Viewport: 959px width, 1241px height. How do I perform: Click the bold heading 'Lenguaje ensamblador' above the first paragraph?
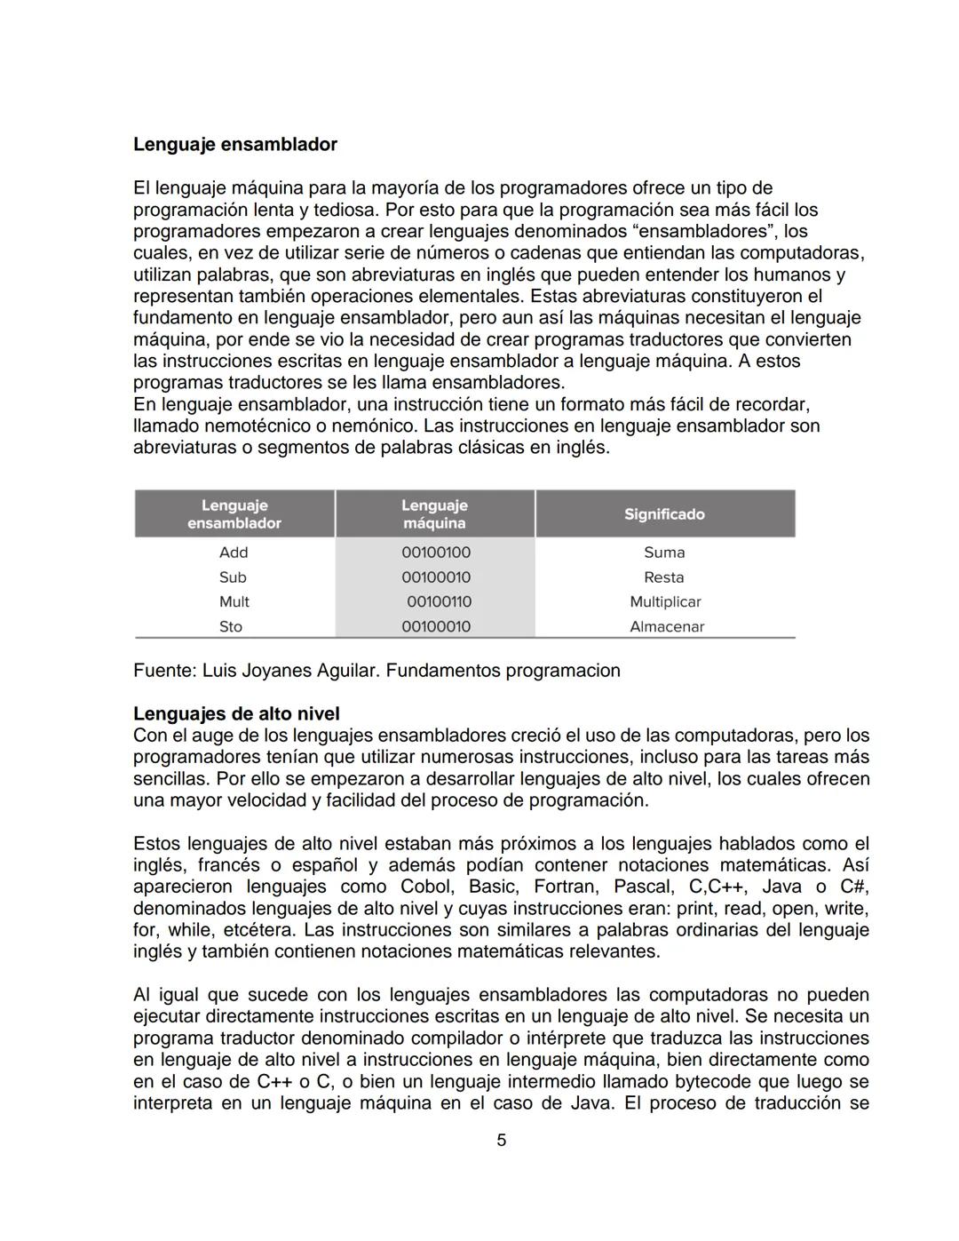tap(234, 144)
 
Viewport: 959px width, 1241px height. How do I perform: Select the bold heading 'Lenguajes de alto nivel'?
tap(236, 714)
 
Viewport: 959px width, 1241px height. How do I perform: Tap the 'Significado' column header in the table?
tap(664, 514)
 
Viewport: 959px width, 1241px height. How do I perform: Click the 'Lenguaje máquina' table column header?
tap(434, 514)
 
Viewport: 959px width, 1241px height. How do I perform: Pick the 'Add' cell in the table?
tap(234, 553)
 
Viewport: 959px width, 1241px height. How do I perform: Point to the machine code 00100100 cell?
tap(435, 553)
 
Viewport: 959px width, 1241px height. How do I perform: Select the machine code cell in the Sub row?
tap(435, 577)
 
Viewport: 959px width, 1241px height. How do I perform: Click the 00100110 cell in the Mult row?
tap(439, 602)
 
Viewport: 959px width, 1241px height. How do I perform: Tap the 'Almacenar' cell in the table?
tap(666, 627)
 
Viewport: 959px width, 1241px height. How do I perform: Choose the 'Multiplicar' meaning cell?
tap(665, 602)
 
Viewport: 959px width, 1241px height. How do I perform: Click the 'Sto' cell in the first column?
tap(231, 627)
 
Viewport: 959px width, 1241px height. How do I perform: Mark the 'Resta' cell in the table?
tap(664, 577)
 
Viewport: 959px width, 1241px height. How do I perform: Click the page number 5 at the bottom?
tap(501, 1141)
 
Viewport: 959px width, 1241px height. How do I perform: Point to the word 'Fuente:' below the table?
tap(164, 671)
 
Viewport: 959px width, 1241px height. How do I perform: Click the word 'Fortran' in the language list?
tap(562, 887)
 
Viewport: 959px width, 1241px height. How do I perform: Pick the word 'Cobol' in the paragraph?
tap(425, 887)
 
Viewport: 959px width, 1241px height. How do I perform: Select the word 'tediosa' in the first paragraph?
tap(347, 211)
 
